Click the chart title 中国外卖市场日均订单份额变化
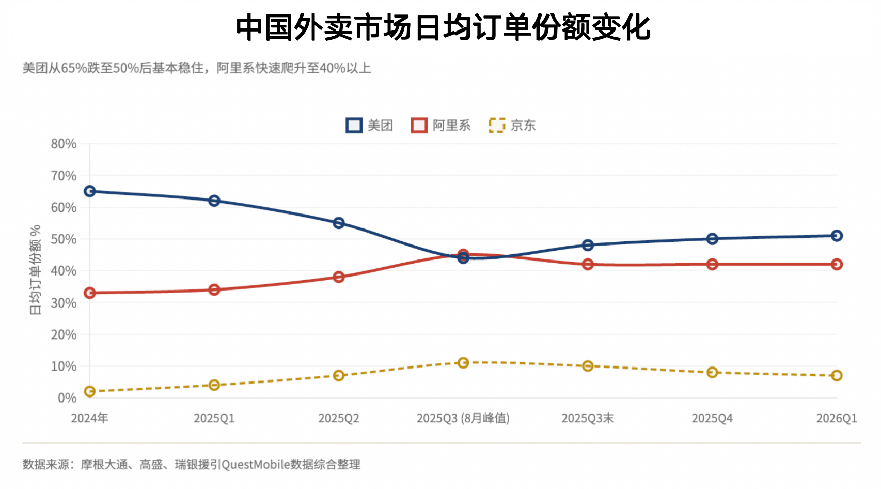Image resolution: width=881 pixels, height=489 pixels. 443,27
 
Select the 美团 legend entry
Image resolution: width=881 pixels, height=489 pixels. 370,125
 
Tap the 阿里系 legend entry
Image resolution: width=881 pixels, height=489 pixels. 441,125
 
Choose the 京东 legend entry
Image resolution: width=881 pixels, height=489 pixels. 512,125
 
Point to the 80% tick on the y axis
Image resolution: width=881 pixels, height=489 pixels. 64,144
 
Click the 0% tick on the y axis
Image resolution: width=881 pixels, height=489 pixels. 67,398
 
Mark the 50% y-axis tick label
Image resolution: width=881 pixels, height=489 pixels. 64,239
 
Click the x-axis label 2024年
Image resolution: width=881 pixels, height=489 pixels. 89,418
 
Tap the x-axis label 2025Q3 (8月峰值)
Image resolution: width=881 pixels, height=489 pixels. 463,418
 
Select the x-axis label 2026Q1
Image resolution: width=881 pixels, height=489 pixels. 836,418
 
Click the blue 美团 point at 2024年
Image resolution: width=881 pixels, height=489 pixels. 90,191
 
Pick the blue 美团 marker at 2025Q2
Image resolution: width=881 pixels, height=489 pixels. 339,223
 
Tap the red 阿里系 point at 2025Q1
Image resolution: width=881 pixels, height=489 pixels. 214,289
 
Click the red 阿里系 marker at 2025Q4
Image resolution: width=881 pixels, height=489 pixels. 712,264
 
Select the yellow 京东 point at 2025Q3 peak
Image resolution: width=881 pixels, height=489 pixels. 463,363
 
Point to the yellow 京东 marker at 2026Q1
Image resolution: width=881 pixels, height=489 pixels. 837,375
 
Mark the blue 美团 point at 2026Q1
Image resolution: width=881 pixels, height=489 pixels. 837,236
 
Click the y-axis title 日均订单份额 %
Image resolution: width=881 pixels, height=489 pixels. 35,270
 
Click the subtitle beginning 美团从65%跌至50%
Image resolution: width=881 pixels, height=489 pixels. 197,68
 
